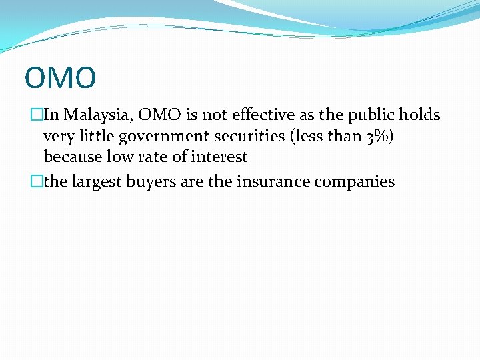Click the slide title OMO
pos(60,77)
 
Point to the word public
pos(371,115)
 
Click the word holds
pos(420,115)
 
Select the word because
pos(72,157)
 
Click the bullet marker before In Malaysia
pos(36,115)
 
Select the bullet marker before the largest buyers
pos(36,181)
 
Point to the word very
pos(58,137)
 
